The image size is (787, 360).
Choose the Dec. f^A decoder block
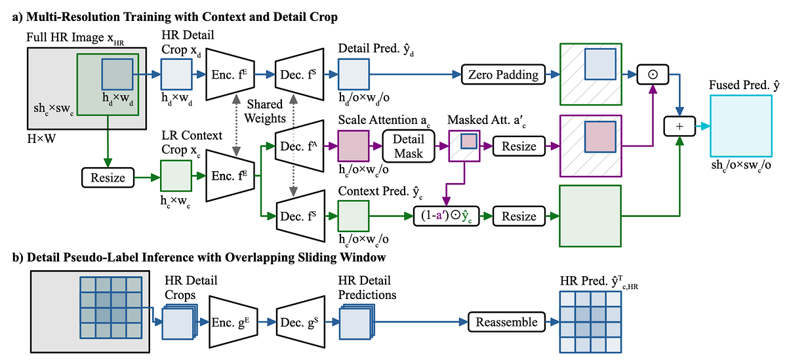click(x=299, y=146)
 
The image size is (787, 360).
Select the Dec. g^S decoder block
click(x=298, y=321)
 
